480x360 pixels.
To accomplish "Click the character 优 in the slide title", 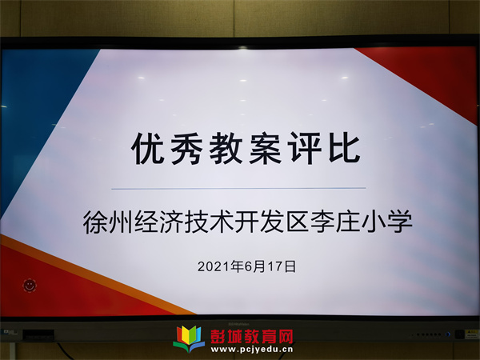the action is [147, 149].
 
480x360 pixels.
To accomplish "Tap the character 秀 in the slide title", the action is [186, 149].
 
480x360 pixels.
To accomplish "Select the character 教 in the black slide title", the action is [226, 149].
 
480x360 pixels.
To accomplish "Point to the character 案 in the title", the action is [265, 149].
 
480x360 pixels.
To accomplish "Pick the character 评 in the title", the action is [305, 148].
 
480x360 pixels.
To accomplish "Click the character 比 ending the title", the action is [344, 148].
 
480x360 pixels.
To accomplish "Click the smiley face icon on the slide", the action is [30, 286].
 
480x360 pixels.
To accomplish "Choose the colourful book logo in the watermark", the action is [189, 339].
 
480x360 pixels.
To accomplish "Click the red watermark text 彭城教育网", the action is [252, 337].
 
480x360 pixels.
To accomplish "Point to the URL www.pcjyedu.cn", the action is [252, 350].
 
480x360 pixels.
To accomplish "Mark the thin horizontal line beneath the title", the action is [238, 188].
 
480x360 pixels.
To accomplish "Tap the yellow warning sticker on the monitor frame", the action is [471, 334].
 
